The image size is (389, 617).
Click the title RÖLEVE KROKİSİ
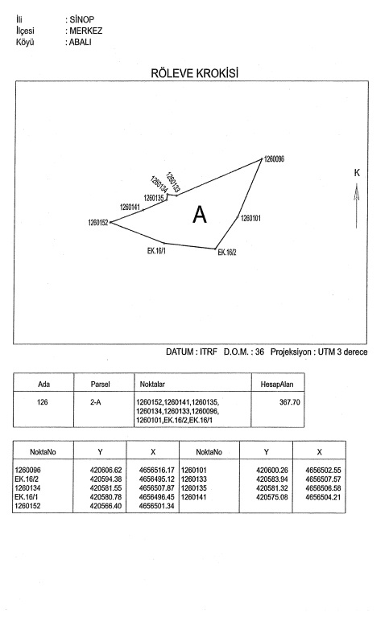coord(195,73)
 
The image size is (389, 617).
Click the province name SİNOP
coord(82,19)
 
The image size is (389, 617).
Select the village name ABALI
coord(81,42)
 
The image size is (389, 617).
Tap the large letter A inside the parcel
coord(200,215)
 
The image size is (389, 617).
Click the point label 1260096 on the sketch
coord(274,159)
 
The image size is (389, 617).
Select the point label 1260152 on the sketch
coord(97,223)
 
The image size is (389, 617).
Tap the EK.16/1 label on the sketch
coord(156,251)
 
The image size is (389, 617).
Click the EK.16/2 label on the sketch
coord(227,253)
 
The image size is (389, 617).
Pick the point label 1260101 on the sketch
coord(250,218)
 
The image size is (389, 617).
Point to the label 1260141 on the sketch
coord(130,207)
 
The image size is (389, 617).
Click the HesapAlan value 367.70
coord(290,402)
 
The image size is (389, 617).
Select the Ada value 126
coord(42,402)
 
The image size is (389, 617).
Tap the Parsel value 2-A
coord(95,402)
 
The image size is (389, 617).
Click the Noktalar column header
coord(152,384)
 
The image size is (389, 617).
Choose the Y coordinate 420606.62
coord(106,471)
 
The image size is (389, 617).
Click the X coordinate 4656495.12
coord(157,479)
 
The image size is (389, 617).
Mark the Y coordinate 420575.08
coord(272,497)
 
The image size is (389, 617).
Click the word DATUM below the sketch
coord(180,352)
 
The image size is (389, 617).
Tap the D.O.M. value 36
coord(259,352)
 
